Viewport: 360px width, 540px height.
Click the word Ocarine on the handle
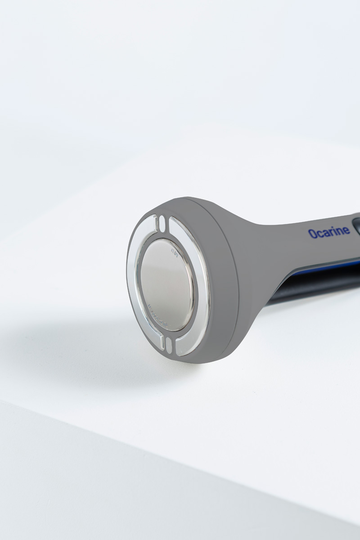(x=328, y=232)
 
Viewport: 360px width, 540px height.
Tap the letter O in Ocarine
(x=312, y=233)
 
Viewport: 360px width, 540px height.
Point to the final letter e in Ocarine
(x=346, y=231)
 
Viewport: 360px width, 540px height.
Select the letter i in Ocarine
(x=335, y=231)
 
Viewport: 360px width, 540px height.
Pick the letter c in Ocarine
(x=318, y=234)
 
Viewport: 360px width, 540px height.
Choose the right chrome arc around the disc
(x=198, y=288)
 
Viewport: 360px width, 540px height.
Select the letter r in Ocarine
(x=330, y=232)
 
